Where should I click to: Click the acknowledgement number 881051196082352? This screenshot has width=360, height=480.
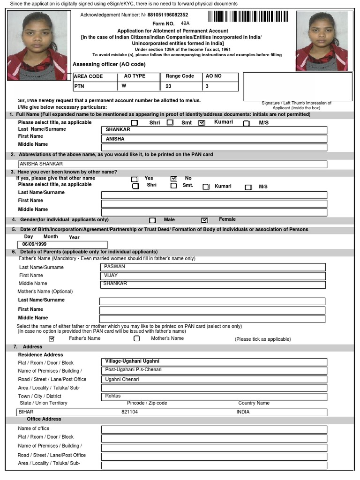click(x=167, y=15)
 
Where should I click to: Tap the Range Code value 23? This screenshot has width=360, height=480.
click(x=180, y=86)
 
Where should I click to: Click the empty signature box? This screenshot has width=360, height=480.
click(x=297, y=86)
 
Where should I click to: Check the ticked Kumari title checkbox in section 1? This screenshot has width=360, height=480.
click(x=202, y=123)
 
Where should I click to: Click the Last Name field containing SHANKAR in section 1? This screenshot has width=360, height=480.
click(x=214, y=130)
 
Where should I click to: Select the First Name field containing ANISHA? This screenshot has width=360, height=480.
click(x=214, y=139)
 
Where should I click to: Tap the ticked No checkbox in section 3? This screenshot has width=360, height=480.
click(x=174, y=179)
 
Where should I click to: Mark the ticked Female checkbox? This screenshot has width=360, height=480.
click(x=204, y=220)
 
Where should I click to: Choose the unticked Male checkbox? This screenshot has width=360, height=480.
click(x=152, y=220)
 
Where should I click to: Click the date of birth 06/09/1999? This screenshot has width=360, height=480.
click(x=62, y=245)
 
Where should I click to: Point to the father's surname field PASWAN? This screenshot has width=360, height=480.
click(x=213, y=267)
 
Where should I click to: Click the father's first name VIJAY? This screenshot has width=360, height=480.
click(x=213, y=276)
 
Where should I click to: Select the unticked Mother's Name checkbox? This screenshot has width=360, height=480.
click(x=137, y=338)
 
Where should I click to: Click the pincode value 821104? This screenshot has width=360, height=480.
click(x=130, y=412)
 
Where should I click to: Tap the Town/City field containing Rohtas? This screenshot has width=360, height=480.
click(x=214, y=397)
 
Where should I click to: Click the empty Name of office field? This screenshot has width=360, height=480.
click(x=214, y=429)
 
